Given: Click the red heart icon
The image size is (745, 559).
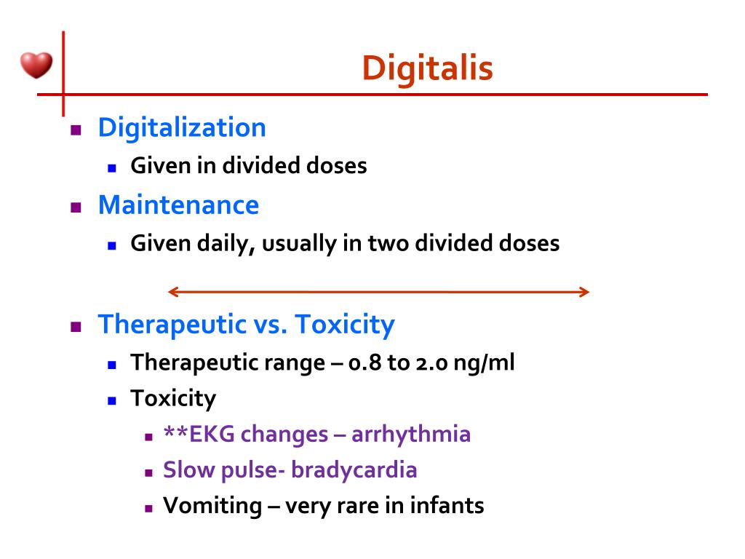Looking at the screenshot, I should click(x=36, y=66).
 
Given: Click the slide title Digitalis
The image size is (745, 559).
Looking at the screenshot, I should click(x=427, y=68).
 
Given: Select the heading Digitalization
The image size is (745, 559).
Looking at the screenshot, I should click(x=182, y=127).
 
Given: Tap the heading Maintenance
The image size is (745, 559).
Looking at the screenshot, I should click(x=178, y=205).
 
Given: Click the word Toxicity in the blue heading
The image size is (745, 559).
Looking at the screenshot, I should click(x=344, y=324).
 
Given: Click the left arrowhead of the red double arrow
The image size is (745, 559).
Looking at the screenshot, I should click(x=173, y=293).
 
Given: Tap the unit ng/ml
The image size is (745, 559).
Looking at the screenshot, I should click(x=484, y=362).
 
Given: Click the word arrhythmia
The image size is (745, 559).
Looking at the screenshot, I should click(x=411, y=435).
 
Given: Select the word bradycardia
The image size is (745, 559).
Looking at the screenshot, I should click(x=354, y=470).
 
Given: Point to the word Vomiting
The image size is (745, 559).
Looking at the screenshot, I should click(x=212, y=506).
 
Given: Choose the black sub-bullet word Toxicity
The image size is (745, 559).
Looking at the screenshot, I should click(x=173, y=398).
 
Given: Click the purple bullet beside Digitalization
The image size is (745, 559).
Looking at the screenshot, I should click(x=75, y=130).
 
